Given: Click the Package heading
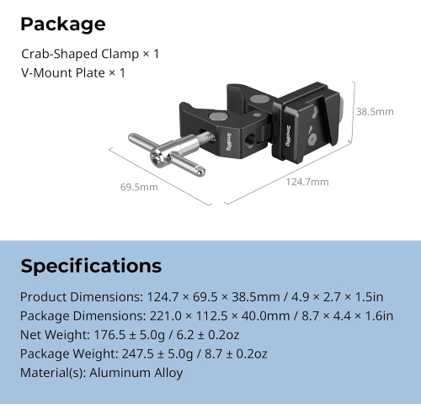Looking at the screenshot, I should tap(63, 24).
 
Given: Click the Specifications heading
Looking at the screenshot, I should tap(91, 266).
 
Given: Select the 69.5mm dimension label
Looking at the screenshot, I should tap(138, 186).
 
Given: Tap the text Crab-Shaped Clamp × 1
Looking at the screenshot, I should tap(90, 54).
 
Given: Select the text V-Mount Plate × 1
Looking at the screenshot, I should tap(73, 72).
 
